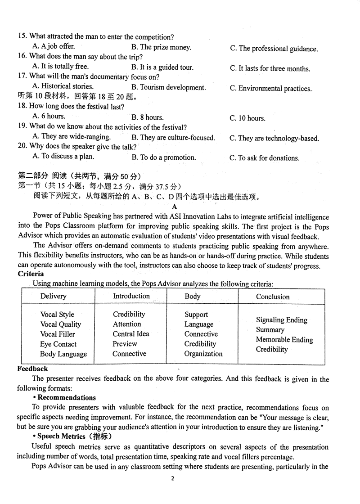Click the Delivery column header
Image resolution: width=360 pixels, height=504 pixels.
[x=53, y=296]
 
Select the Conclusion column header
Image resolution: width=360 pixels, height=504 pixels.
[x=273, y=297]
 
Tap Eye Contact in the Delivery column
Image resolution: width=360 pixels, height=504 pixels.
[x=58, y=344]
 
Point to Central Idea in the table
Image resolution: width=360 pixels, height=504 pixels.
[x=131, y=334]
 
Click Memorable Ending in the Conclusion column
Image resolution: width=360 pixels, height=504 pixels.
[x=284, y=340]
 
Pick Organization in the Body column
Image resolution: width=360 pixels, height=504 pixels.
[x=203, y=354]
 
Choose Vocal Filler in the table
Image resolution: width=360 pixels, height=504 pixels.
[x=58, y=334]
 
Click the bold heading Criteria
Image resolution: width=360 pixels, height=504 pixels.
[x=31, y=274]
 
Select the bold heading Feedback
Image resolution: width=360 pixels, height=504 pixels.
[x=33, y=369]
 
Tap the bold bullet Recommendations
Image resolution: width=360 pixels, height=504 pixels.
[x=66, y=398]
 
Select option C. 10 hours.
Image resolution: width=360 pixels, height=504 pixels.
[x=247, y=118]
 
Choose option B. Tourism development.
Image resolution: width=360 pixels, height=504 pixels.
[x=169, y=88]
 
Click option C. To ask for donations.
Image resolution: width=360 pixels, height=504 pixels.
[x=265, y=158]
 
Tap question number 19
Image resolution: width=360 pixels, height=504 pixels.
[x=22, y=127]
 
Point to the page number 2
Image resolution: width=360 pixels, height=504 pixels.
[x=172, y=478]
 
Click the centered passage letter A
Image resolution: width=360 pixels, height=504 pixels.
[x=175, y=206]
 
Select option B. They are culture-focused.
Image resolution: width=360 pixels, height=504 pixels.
[x=173, y=138]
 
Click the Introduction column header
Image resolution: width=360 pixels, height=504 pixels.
[x=131, y=296]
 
